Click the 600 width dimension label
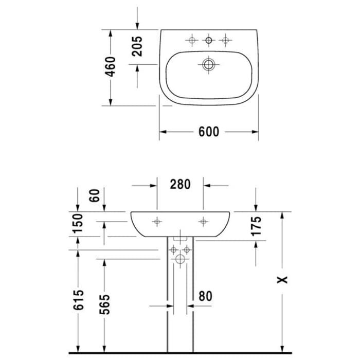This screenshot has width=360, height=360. [x=209, y=132]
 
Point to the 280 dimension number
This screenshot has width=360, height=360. [x=181, y=184]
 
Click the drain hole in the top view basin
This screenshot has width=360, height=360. [x=208, y=65]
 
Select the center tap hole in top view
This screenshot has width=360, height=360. [x=209, y=40]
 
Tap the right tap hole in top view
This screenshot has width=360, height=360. [x=225, y=40]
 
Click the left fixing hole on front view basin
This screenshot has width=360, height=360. [x=157, y=221]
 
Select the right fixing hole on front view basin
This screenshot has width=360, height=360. [x=204, y=221]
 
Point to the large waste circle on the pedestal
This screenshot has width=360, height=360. [x=180, y=260]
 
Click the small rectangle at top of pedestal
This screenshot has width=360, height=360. [x=180, y=239]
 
